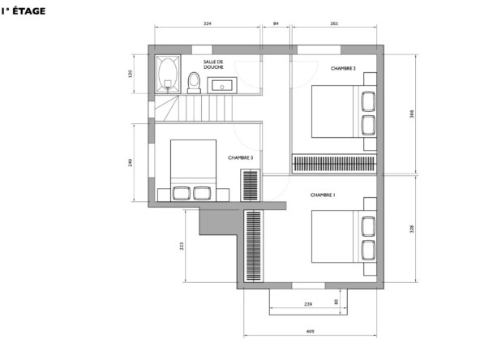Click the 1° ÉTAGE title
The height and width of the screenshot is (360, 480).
[24, 11]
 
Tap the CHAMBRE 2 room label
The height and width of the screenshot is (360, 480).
[343, 69]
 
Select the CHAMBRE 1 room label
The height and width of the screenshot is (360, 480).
[323, 195]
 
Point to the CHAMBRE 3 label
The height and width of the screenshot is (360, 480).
[240, 158]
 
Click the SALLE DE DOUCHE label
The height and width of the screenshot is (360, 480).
[213, 65]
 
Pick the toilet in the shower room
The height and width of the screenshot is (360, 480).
[194, 83]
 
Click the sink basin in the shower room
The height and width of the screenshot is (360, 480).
[222, 85]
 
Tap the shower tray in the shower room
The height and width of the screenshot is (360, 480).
[168, 74]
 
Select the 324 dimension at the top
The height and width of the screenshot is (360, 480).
[208, 24]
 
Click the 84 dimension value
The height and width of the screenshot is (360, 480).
[276, 24]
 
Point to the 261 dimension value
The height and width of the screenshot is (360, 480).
[334, 24]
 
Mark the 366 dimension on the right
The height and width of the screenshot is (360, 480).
[412, 114]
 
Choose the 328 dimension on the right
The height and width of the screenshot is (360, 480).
[412, 229]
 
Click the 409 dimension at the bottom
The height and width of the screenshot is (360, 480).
[310, 332]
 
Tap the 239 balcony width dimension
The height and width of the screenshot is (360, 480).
[308, 304]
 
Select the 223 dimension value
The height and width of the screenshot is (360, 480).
[182, 246]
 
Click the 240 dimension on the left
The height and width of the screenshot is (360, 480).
[131, 162]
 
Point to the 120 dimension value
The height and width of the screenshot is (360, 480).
[131, 74]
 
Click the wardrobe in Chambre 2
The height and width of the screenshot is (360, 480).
[334, 164]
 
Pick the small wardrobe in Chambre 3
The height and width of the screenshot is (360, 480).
[251, 185]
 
